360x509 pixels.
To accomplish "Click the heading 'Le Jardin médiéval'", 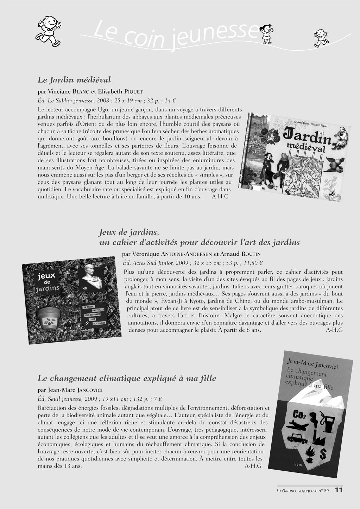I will [74, 79].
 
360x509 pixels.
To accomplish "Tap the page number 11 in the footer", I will [339, 490].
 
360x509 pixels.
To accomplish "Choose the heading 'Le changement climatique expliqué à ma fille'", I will [127, 378].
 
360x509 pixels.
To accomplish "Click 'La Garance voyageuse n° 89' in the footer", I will [302, 491].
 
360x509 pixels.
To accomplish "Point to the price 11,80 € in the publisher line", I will [253, 263].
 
